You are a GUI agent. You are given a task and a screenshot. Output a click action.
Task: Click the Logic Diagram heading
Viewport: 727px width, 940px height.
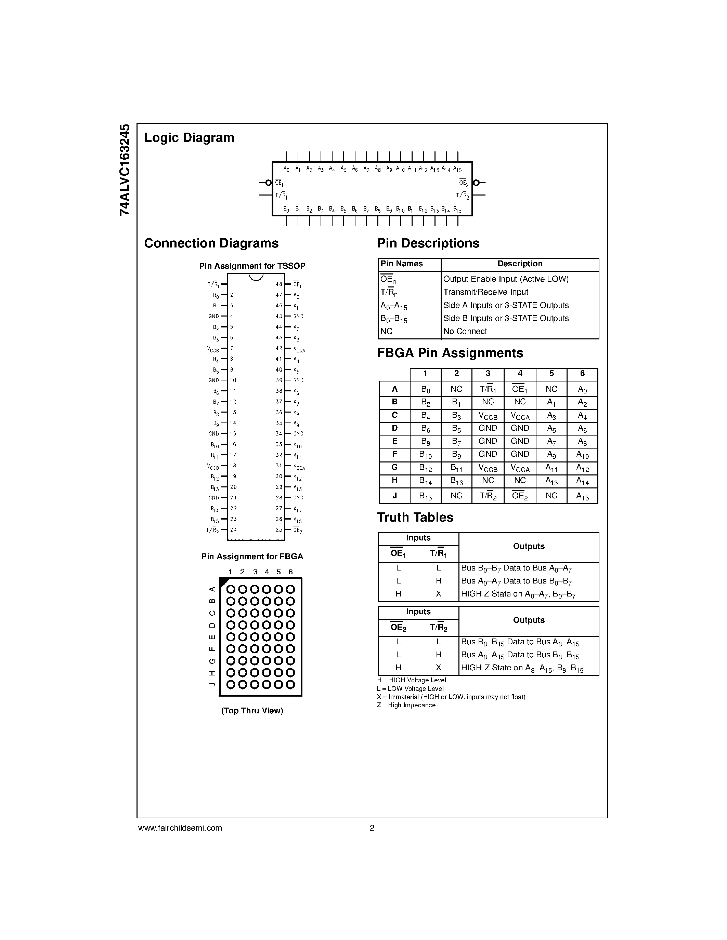(189, 138)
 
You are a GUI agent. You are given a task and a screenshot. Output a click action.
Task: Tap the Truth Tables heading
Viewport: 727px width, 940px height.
(415, 518)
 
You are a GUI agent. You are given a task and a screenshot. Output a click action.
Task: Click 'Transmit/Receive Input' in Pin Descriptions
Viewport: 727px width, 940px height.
(486, 292)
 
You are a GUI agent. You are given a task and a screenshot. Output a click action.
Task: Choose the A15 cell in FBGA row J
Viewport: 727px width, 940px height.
(582, 496)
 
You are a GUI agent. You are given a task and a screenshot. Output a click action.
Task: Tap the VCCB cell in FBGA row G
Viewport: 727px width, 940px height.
(488, 469)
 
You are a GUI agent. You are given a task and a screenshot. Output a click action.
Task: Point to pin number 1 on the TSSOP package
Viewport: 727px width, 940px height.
(231, 284)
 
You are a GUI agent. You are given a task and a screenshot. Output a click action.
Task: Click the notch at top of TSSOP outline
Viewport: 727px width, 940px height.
(256, 277)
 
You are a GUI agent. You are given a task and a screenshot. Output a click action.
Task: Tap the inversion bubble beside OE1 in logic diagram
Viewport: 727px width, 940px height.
(268, 183)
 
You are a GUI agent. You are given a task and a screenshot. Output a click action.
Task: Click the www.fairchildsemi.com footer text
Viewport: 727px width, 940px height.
(180, 828)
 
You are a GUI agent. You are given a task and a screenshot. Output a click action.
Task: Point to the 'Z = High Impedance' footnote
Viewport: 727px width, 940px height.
(406, 705)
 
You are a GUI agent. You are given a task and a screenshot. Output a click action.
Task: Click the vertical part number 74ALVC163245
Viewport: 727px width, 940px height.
(125, 170)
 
